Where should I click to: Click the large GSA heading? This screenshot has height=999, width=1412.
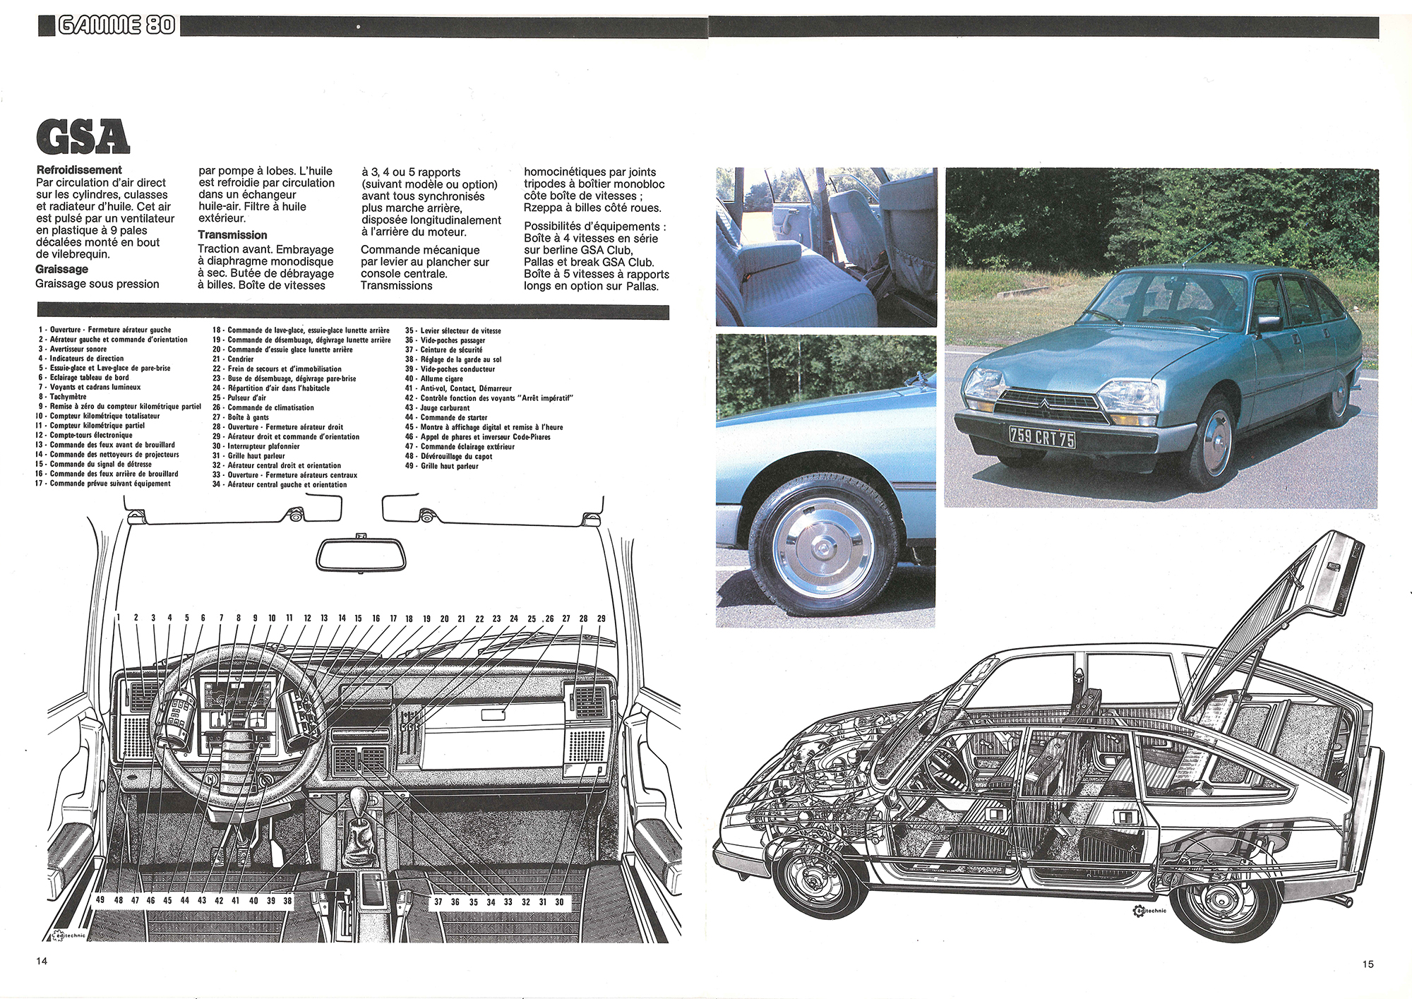tap(83, 137)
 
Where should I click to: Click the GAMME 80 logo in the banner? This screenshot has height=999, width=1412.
tap(116, 25)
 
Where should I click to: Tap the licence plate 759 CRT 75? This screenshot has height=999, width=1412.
tap(1041, 437)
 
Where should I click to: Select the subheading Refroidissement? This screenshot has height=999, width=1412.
tap(79, 170)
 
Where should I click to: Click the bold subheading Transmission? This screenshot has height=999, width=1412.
tap(232, 235)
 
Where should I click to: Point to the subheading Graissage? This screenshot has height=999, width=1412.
tap(61, 269)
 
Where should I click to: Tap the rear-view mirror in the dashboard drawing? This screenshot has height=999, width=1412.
tap(361, 555)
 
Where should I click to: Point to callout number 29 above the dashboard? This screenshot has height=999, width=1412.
tap(601, 618)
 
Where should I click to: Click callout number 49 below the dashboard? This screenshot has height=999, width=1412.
tap(100, 900)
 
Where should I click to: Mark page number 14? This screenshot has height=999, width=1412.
tap(42, 961)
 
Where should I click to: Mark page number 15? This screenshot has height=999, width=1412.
tap(1368, 964)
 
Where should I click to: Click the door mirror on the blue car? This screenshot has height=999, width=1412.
tap(1269, 323)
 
